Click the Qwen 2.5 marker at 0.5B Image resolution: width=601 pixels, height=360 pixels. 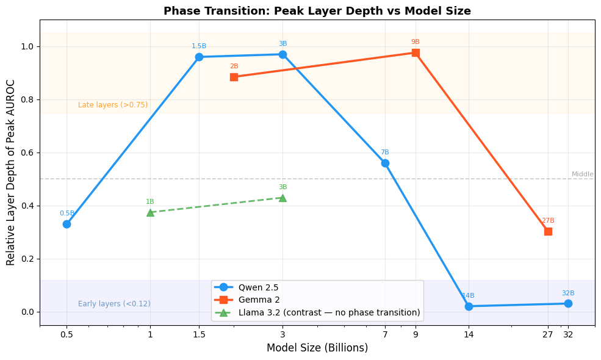pyautogui.click(x=67, y=224)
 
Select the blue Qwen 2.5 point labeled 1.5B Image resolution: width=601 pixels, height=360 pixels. pyautogui.click(x=199, y=57)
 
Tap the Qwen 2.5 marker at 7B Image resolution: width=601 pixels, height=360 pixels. pyautogui.click(x=385, y=163)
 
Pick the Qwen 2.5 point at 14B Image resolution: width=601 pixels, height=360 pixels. pyautogui.click(x=469, y=306)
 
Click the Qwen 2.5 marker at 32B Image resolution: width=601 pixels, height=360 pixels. pyautogui.click(x=568, y=303)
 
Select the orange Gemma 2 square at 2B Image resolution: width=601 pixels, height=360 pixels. pyautogui.click(x=234, y=77)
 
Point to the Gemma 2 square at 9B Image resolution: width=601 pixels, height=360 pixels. pyautogui.click(x=416, y=52)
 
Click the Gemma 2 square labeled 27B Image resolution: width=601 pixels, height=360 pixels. pyautogui.click(x=548, y=231)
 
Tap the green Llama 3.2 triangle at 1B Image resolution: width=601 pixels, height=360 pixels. pyautogui.click(x=150, y=212)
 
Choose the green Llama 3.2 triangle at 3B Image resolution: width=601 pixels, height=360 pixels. pyautogui.click(x=283, y=198)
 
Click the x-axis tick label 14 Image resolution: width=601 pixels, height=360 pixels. pyautogui.click(x=469, y=334)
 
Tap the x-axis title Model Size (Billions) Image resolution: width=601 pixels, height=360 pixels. pyautogui.click(x=317, y=348)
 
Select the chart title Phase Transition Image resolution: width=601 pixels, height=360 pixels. pyautogui.click(x=317, y=11)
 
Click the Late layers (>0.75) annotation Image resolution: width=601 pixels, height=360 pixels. pyautogui.click(x=113, y=105)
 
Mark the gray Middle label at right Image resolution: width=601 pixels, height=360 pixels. pyautogui.click(x=582, y=175)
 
